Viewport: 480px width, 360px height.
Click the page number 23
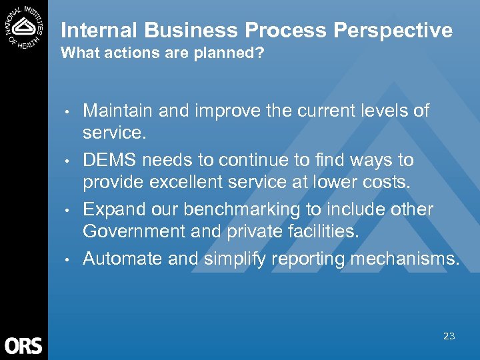click(x=449, y=336)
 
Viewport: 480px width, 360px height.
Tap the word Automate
click(x=123, y=259)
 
